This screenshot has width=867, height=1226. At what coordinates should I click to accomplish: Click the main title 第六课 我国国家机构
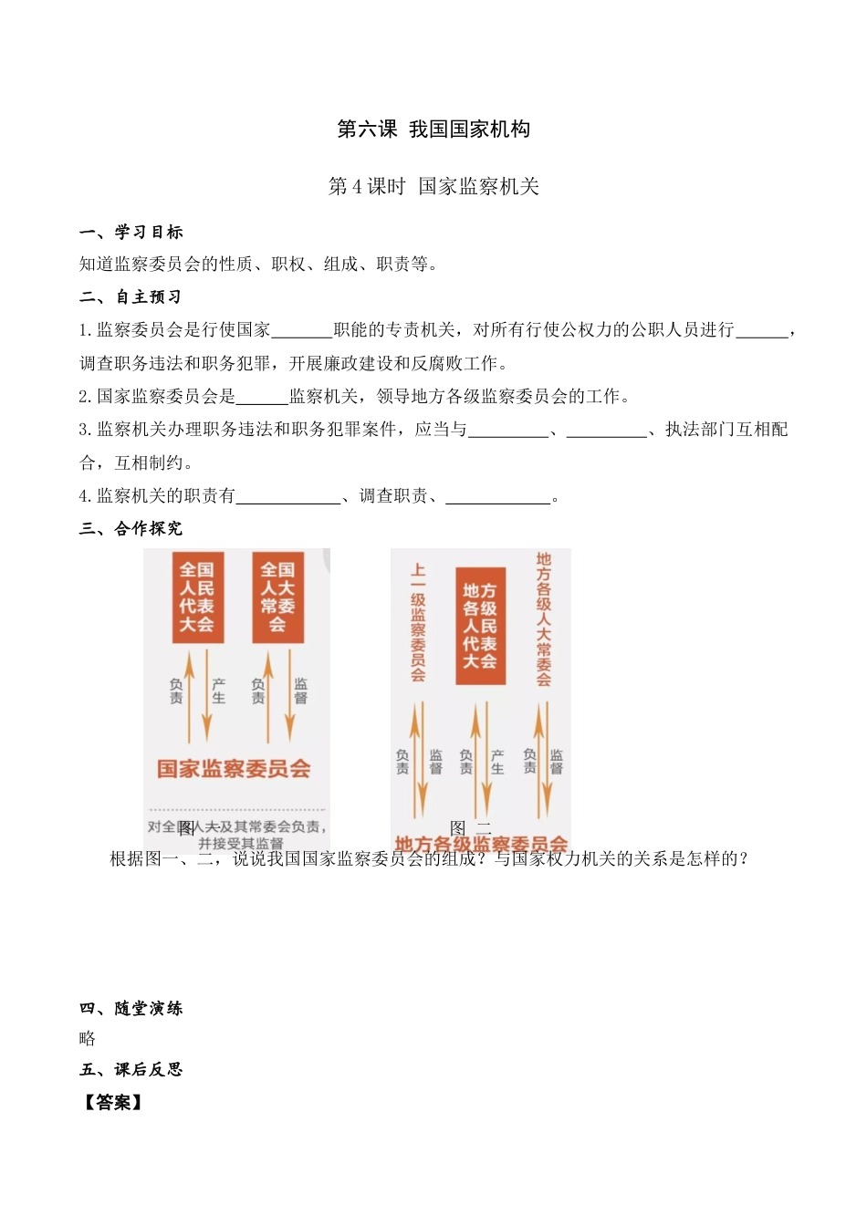(433, 130)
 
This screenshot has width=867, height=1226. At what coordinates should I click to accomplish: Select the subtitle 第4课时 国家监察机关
(433, 187)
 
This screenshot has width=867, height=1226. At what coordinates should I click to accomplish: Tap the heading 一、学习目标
(131, 233)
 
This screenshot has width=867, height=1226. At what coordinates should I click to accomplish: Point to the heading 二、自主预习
(131, 297)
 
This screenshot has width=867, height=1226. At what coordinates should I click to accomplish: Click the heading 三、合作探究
(131, 529)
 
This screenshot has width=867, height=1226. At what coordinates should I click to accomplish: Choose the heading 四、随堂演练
(131, 1008)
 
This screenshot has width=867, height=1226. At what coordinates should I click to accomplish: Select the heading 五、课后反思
(131, 1069)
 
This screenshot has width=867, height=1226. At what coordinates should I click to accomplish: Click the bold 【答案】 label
(113, 1103)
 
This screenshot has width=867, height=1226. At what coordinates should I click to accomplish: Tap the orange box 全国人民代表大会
(197, 597)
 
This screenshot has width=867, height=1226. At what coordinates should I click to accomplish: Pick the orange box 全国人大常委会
(277, 597)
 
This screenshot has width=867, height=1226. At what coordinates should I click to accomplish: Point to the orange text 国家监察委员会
(234, 769)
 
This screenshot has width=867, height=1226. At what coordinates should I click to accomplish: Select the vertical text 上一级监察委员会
(418, 622)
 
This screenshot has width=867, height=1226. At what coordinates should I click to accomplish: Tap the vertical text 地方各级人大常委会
(544, 618)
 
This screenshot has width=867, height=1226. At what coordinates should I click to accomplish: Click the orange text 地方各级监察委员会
(481, 845)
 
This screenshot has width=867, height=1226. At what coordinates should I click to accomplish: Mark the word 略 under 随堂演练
(88, 1039)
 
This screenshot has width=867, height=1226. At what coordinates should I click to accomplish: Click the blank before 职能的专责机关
(303, 331)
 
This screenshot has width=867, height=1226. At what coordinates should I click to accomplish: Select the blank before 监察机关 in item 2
(263, 397)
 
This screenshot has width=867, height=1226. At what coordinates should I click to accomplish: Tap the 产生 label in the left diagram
(219, 691)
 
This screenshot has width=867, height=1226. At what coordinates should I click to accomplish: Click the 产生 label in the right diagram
(497, 762)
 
